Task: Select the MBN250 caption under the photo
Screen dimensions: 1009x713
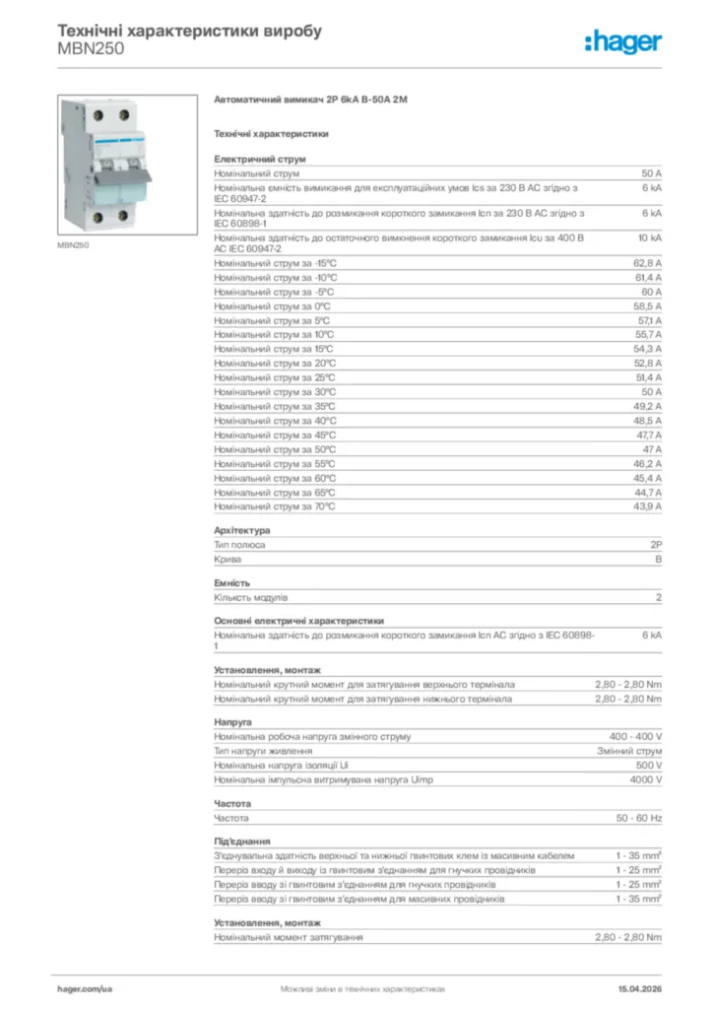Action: click(74, 245)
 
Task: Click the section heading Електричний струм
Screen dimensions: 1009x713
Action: click(260, 158)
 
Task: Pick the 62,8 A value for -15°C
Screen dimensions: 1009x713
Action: click(646, 263)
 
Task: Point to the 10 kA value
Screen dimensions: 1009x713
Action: click(650, 238)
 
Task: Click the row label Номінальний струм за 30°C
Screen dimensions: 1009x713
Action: click(275, 392)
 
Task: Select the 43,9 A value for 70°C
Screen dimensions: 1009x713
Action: click(646, 506)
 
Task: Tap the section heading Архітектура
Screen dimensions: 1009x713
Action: click(241, 530)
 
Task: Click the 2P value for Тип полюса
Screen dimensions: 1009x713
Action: click(656, 544)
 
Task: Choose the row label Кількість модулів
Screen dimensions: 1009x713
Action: click(251, 597)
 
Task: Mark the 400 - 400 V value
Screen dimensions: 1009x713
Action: click(635, 736)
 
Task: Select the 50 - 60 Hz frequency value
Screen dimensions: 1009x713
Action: click(639, 818)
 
